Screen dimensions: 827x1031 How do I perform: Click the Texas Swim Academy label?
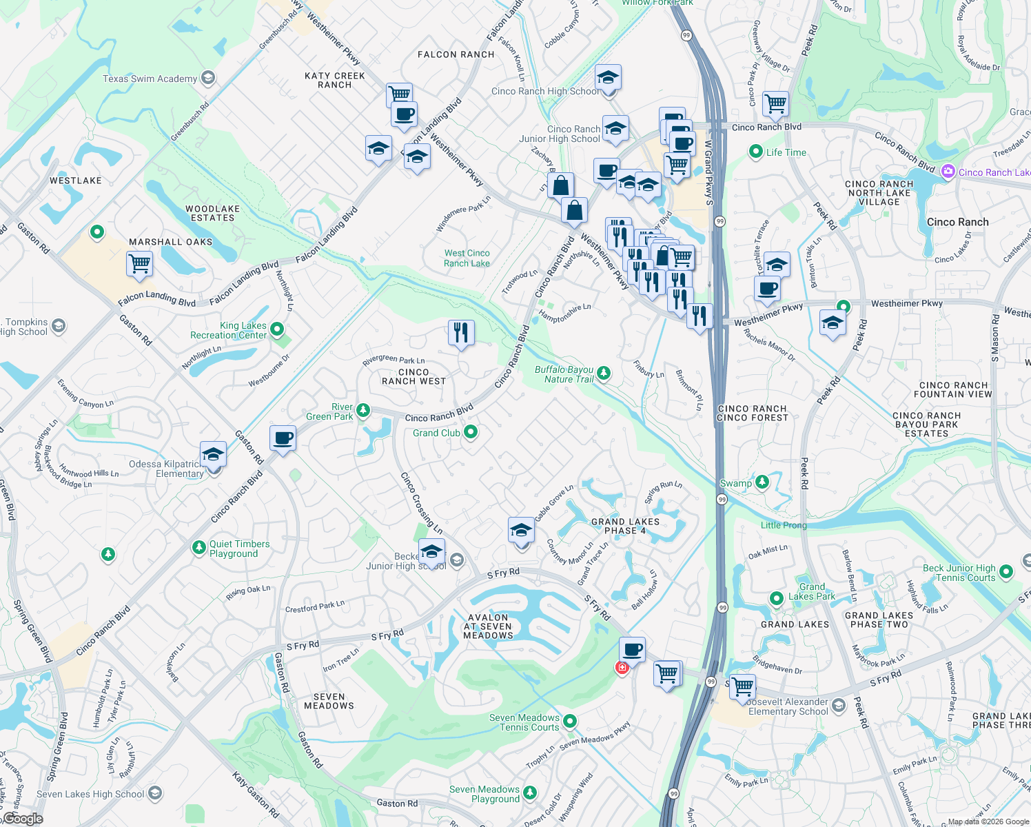[150, 79]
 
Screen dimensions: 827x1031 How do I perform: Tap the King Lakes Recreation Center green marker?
[277, 329]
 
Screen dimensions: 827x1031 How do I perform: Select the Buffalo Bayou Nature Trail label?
[564, 374]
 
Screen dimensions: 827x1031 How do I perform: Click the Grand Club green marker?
[471, 432]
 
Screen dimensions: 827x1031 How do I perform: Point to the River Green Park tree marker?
[363, 411]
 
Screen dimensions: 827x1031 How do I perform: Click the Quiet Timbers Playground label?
[239, 549]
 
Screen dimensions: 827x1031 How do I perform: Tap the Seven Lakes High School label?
[90, 794]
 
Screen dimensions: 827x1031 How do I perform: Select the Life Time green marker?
[755, 152]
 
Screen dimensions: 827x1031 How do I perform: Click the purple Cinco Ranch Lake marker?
[948, 172]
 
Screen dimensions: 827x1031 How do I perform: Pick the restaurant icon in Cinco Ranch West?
[461, 333]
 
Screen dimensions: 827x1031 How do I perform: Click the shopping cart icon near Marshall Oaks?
[140, 263]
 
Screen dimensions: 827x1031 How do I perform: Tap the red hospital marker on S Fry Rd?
[622, 667]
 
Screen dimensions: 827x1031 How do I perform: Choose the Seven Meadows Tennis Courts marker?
[570, 721]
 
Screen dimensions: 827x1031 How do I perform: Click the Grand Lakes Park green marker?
[777, 598]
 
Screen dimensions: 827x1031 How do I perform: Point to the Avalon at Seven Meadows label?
[488, 626]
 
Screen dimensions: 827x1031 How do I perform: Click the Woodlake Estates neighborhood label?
[212, 213]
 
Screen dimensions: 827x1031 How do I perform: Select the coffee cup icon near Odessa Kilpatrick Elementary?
[283, 438]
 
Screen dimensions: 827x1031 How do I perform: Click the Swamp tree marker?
[762, 482]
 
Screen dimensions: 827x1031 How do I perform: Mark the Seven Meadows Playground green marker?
[529, 793]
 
